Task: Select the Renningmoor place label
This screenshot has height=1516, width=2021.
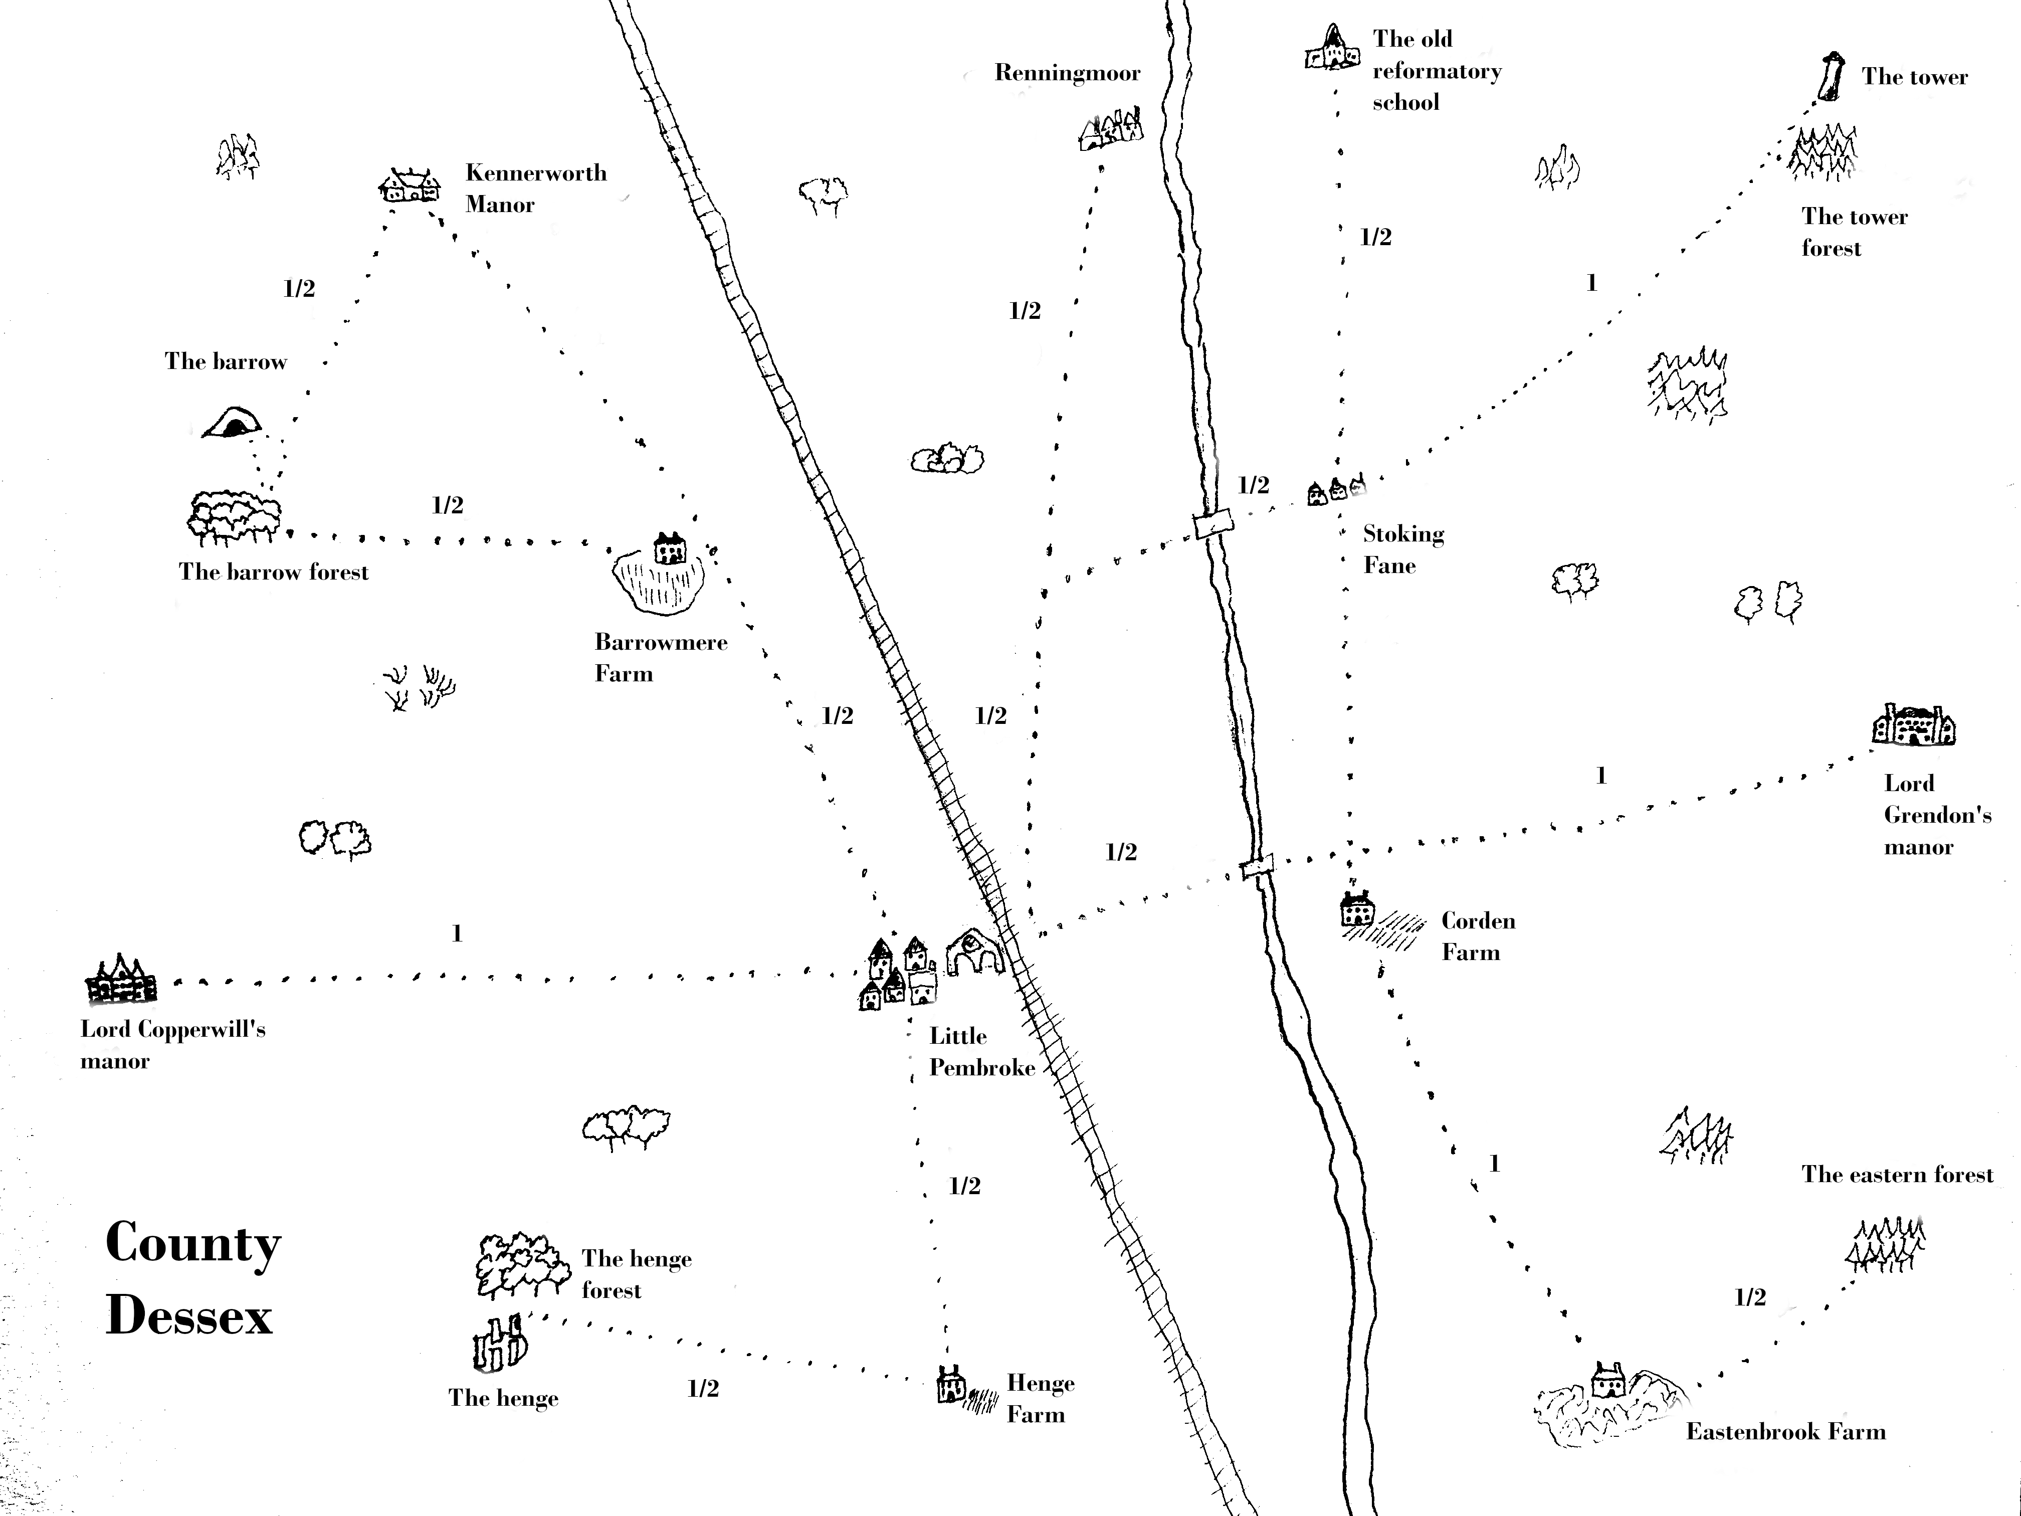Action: (1067, 73)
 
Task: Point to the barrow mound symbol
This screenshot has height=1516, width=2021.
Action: (232, 423)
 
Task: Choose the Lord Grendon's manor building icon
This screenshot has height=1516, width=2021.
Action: (1912, 726)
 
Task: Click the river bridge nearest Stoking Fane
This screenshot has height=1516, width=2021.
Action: (1214, 524)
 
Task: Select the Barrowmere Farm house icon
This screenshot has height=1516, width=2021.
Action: (670, 548)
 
